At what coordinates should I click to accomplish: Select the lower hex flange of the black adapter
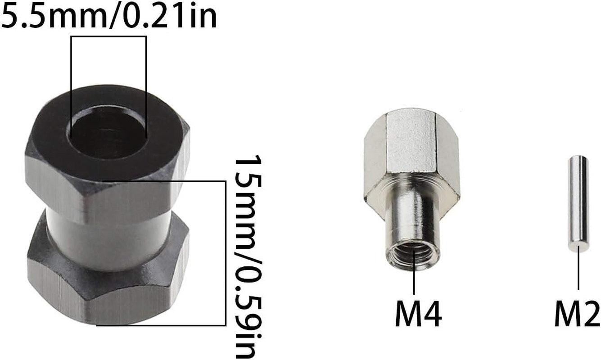(x=108, y=288)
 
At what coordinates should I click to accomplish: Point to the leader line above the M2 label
(x=578, y=270)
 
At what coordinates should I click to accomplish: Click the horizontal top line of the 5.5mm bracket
(x=108, y=37)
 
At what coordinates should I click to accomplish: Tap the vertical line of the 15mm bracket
(x=225, y=252)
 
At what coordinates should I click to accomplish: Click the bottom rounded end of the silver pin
(x=578, y=247)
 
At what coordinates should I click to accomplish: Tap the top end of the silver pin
(x=578, y=159)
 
